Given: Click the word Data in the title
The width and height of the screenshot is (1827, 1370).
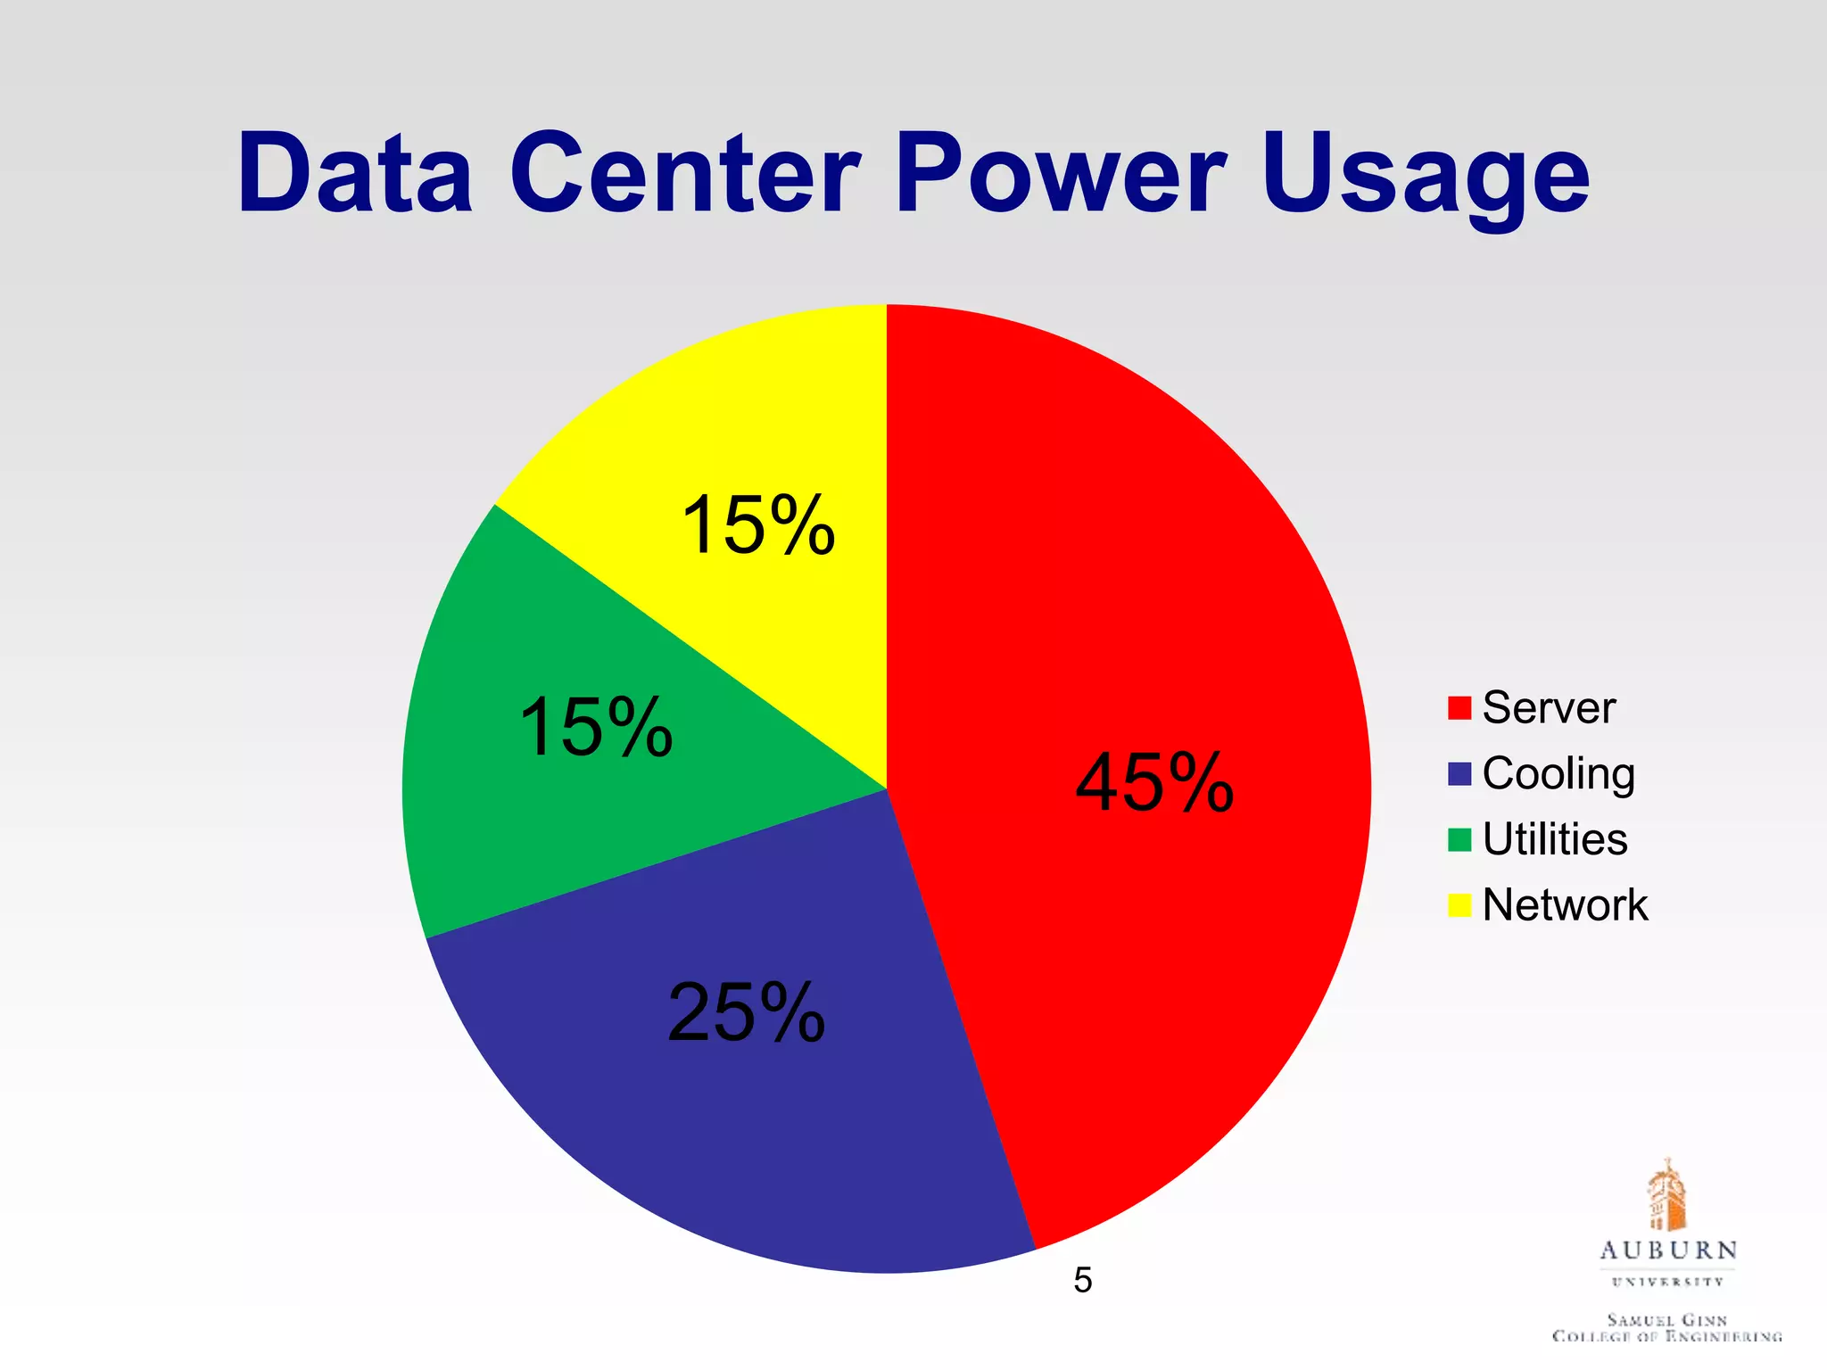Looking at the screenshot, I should tap(354, 173).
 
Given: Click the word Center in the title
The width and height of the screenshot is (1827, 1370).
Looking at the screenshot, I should tap(685, 173).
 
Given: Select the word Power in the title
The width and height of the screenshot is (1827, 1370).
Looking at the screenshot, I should tap(1061, 173).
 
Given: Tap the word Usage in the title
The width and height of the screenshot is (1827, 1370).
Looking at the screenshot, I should tap(1426, 178).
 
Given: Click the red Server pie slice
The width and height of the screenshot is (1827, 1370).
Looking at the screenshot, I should tap(1115, 624).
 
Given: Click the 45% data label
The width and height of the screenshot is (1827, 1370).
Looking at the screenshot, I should tap(1154, 783).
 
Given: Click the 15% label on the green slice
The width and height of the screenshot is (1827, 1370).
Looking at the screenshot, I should tap(595, 728).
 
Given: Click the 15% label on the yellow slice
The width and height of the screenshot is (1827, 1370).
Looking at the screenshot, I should tap(757, 526).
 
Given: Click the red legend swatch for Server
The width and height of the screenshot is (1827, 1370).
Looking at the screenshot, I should tap(1459, 708).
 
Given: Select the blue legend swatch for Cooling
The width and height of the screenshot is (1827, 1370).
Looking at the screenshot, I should tap(1459, 774).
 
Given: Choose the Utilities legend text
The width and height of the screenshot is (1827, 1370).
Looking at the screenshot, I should tap(1554, 839).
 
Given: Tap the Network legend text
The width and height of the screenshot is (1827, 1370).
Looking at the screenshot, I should tap(1565, 905).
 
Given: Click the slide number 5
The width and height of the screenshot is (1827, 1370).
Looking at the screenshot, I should tap(1083, 1281).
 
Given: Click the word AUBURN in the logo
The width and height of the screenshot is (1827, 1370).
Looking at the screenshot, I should tap(1667, 1250).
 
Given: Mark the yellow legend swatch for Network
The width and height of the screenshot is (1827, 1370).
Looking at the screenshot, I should tap(1459, 905).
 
